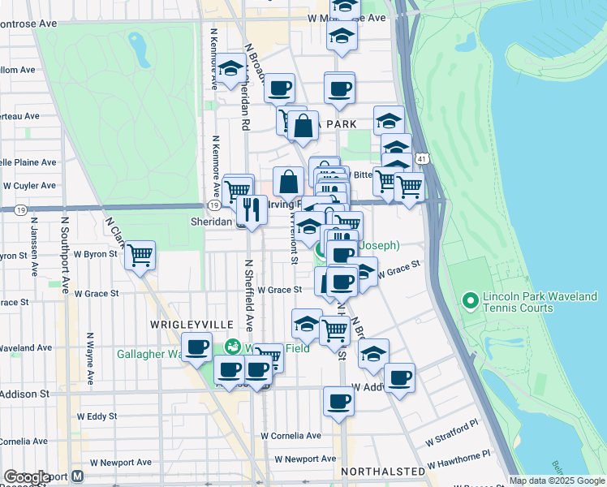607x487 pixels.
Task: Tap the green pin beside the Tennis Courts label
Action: click(x=469, y=302)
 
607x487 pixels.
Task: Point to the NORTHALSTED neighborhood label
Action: click(x=382, y=471)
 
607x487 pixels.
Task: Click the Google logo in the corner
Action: click(x=27, y=477)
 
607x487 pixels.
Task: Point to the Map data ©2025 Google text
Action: click(x=556, y=481)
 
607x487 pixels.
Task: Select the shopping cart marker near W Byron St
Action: click(x=140, y=255)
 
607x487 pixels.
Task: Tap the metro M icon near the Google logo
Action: click(x=78, y=477)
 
